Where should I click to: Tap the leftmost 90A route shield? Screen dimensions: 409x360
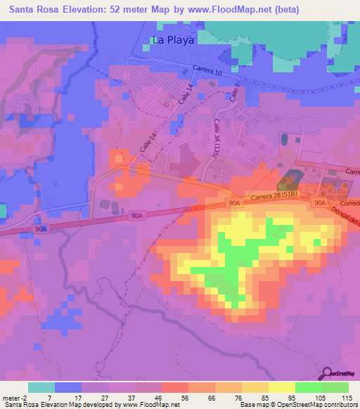click(x=41, y=229)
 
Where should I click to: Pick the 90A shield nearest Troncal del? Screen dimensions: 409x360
click(x=320, y=202)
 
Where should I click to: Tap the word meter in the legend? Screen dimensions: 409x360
click(x=11, y=398)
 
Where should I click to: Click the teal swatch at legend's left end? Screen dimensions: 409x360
click(x=41, y=387)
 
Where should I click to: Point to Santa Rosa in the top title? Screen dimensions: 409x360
click(x=34, y=10)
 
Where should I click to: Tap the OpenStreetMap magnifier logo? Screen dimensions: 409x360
click(x=328, y=373)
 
